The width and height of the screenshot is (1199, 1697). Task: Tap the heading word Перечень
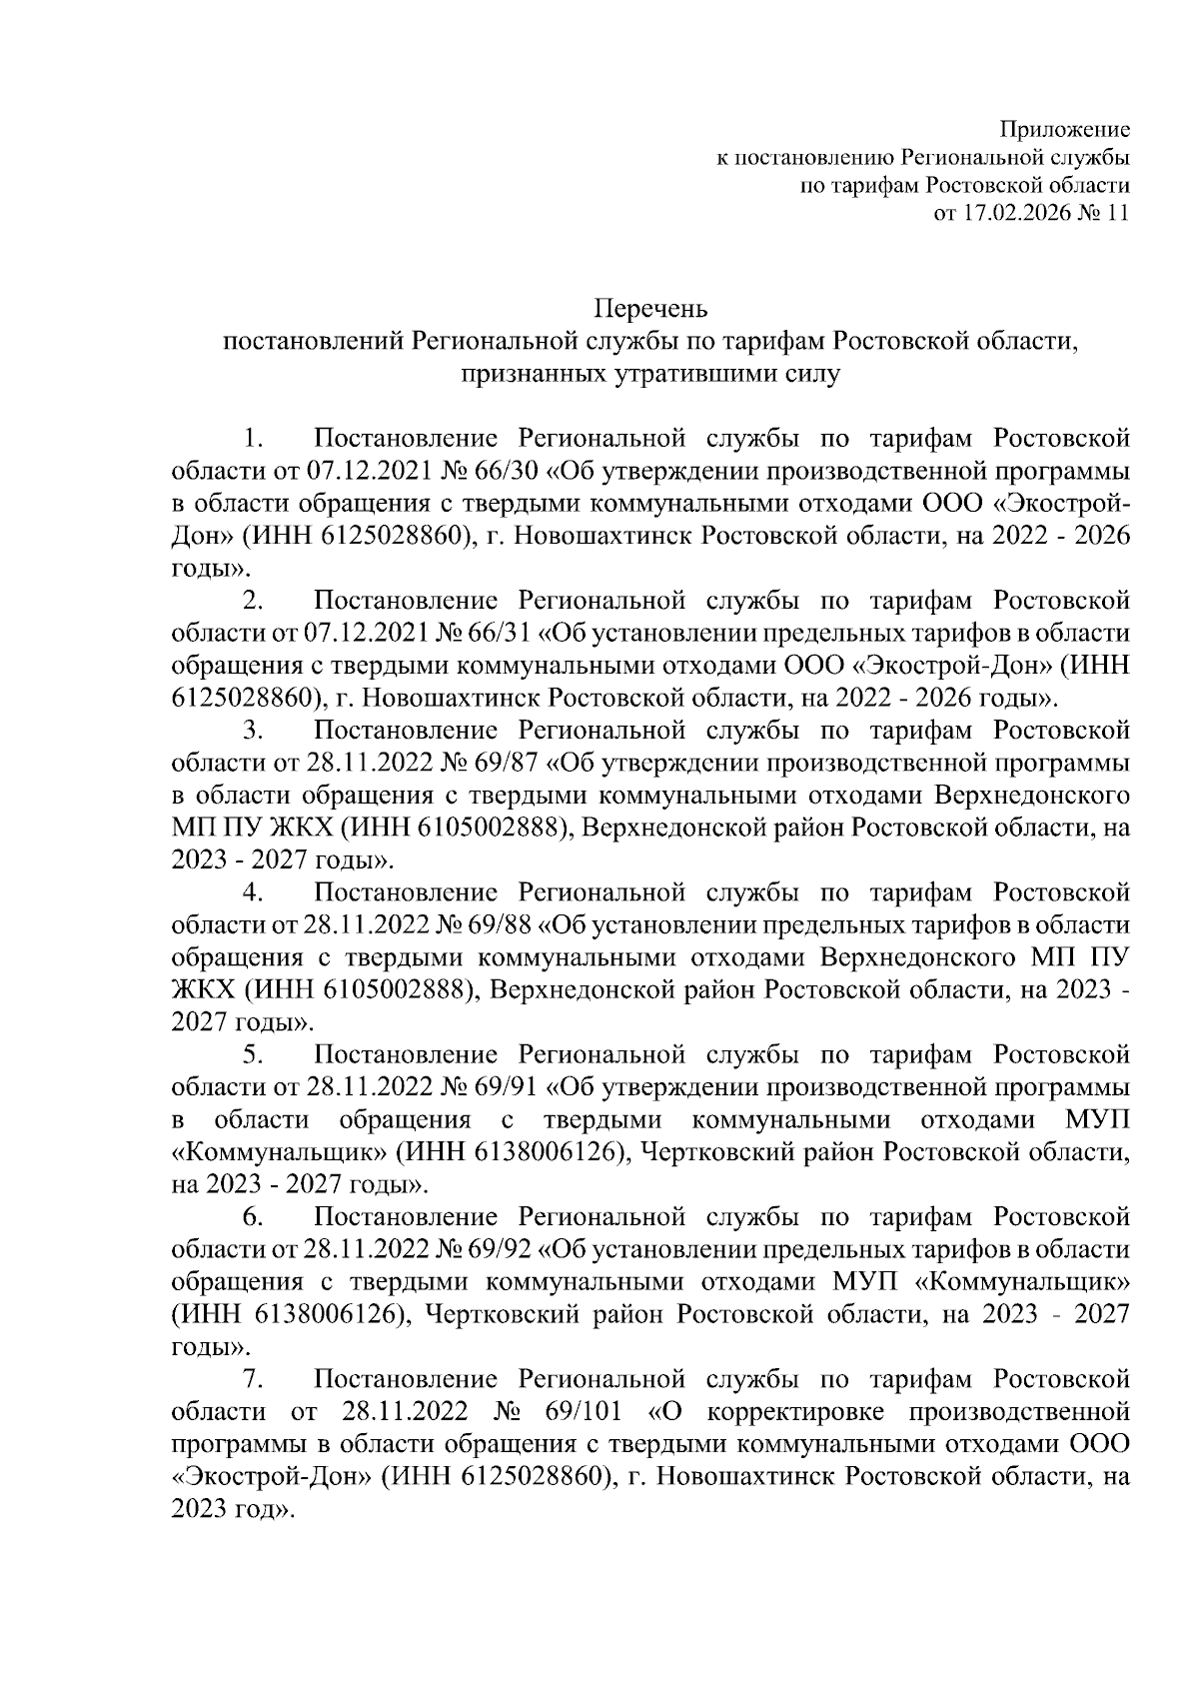point(651,309)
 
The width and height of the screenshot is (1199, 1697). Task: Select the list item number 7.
point(253,1381)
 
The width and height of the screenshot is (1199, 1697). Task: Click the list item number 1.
point(253,439)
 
